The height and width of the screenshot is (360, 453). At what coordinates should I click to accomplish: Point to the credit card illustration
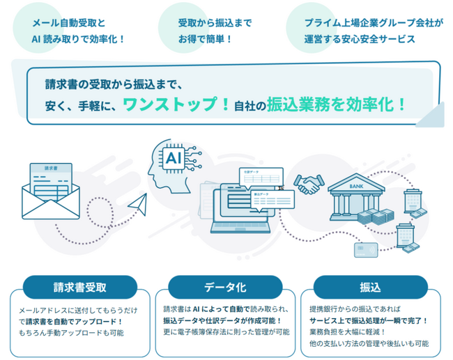pos(366,249)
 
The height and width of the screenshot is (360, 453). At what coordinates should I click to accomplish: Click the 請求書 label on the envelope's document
pos(51,169)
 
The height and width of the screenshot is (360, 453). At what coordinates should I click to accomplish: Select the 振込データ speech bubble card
pos(265,199)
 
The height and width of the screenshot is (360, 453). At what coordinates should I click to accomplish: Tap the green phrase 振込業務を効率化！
pos(337,105)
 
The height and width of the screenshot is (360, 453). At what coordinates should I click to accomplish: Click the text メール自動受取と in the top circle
pos(69,22)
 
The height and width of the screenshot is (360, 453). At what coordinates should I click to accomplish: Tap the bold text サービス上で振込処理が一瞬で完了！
pos(369,321)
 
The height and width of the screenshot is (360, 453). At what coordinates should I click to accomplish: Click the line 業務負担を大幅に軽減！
pos(347,333)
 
